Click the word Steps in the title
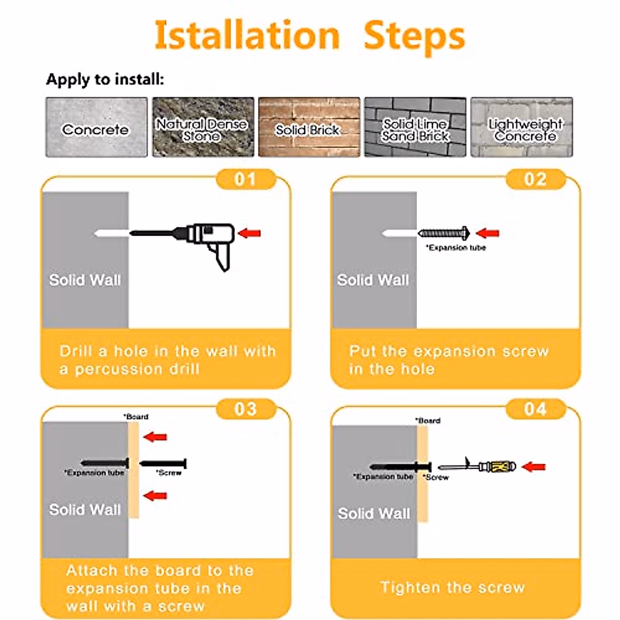[414, 37]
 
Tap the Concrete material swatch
[97, 127]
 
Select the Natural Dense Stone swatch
[203, 127]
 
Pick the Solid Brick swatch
[309, 127]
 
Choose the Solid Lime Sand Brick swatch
[415, 127]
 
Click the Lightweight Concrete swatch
[521, 127]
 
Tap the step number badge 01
[246, 179]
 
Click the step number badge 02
[536, 179]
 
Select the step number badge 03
[246, 409]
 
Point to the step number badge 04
[536, 409]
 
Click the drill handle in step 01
[222, 256]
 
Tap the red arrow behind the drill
[249, 233]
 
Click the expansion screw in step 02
[444, 233]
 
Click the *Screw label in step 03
[168, 473]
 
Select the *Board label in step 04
[428, 421]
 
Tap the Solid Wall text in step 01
[85, 280]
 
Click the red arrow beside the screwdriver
[533, 467]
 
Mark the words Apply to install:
[105, 79]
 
